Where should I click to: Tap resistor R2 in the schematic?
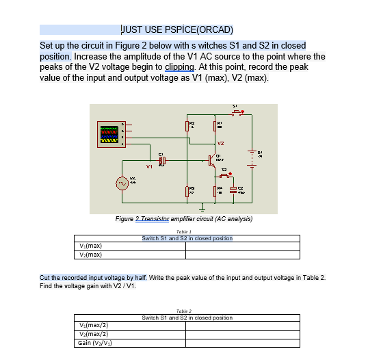(187, 125)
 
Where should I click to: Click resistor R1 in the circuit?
(215, 125)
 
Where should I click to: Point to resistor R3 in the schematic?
(187, 190)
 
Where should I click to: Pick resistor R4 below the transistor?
(215, 190)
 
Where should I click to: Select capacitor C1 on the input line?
(162, 161)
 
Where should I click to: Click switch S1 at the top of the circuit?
(237, 114)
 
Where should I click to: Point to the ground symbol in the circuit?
(202, 207)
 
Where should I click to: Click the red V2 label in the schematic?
(220, 143)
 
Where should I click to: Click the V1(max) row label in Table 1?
(92, 245)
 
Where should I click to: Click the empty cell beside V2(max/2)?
(242, 333)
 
